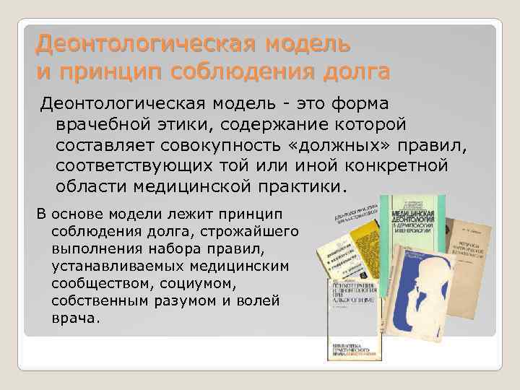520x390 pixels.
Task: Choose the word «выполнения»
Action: (90, 248)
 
